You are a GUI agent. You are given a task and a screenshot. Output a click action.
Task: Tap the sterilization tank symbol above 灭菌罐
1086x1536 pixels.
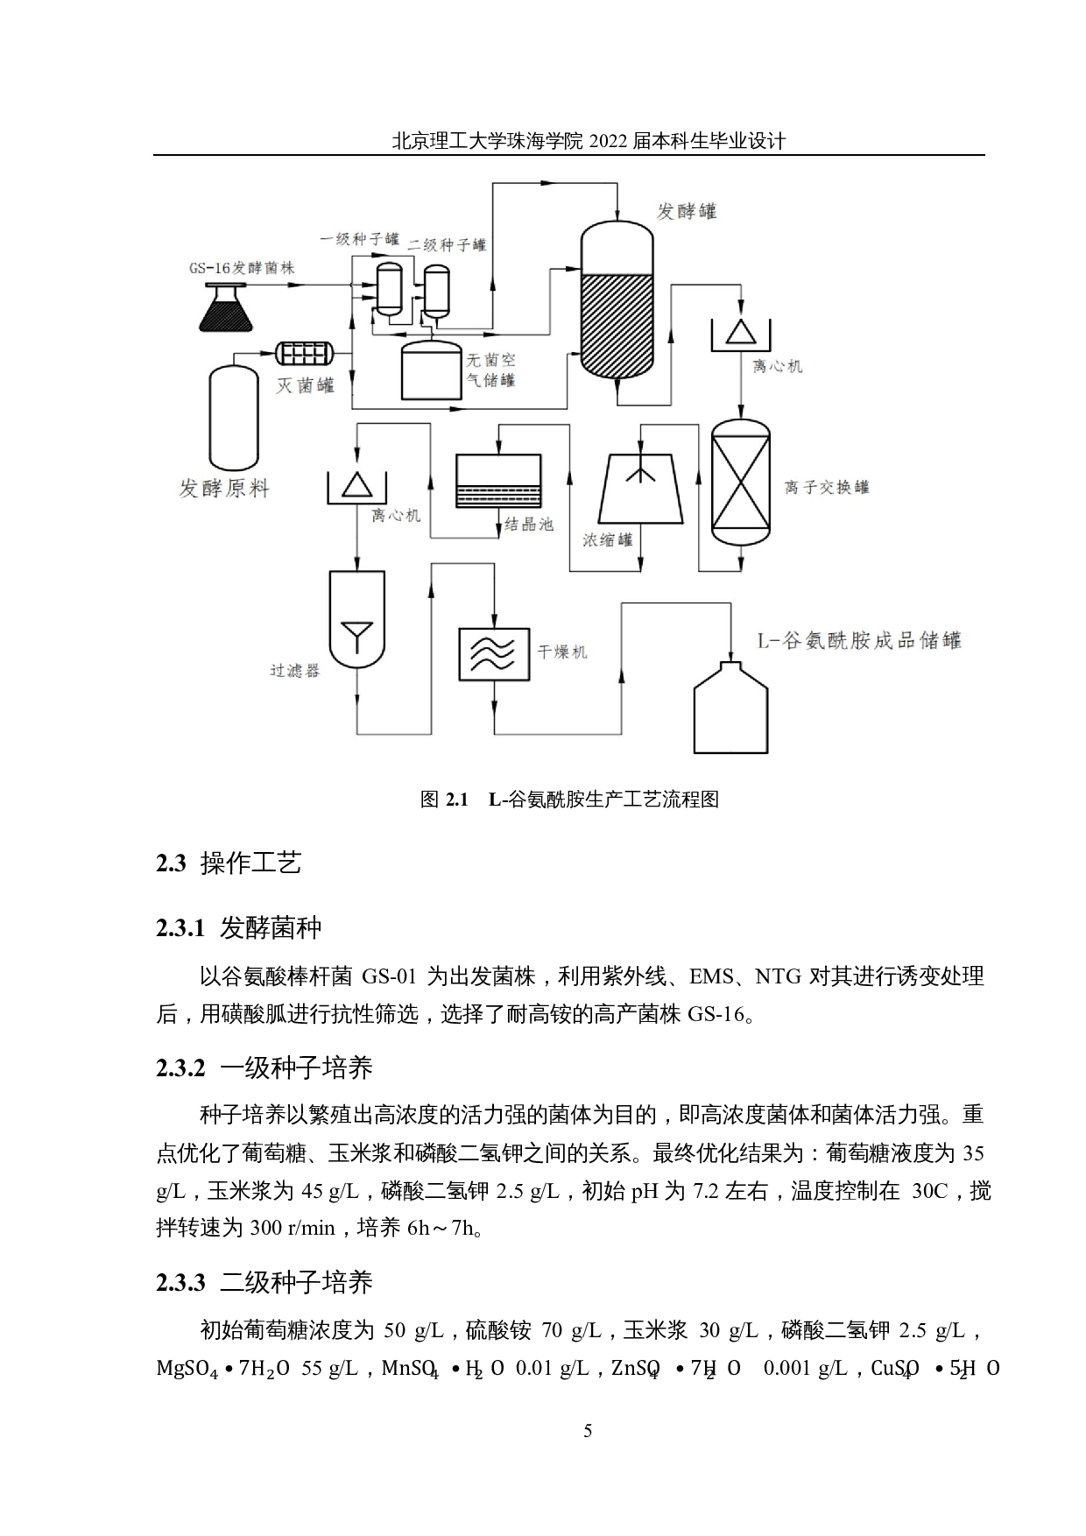[x=305, y=353]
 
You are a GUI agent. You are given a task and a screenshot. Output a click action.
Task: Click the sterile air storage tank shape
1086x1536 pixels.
[x=430, y=370]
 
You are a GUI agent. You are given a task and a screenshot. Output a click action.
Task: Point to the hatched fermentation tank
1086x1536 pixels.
[x=617, y=302]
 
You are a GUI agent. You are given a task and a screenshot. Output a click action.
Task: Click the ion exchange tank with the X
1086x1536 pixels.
[x=741, y=483]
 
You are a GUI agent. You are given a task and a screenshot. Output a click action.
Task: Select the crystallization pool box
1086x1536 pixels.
[x=498, y=481]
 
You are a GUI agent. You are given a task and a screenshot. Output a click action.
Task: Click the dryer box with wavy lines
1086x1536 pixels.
[x=495, y=654]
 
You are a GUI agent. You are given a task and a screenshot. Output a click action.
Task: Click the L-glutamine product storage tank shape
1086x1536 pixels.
[x=730, y=707]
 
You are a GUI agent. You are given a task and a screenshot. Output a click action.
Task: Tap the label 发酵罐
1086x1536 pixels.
[x=687, y=211]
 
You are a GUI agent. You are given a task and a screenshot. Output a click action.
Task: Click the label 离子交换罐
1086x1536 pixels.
[x=826, y=487]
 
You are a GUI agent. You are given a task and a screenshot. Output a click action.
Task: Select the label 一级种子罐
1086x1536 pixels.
[x=359, y=238]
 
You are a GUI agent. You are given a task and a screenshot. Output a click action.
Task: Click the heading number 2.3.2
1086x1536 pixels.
[x=180, y=1067]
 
